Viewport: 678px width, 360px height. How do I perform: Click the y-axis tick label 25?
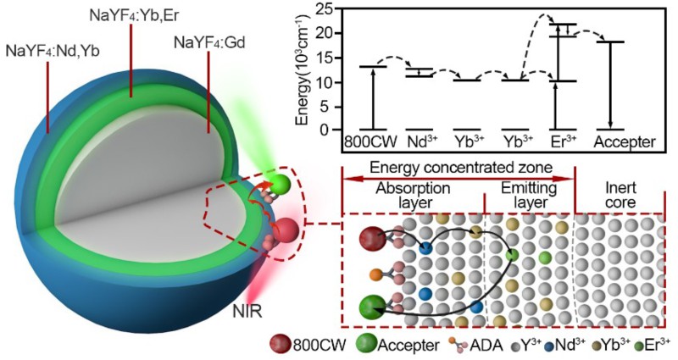[x=320, y=10]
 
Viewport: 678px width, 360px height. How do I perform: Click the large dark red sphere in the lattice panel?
[x=372, y=241]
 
